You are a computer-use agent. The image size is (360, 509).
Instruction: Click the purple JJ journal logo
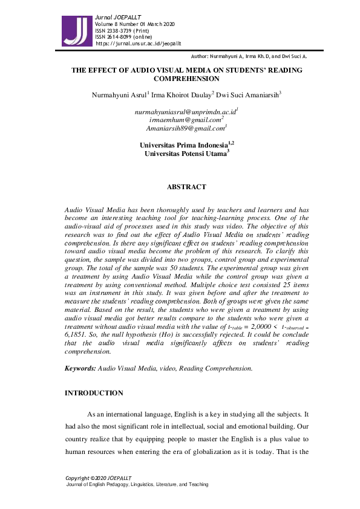tap(77, 27)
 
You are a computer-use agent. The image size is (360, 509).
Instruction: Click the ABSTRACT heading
tap(186, 187)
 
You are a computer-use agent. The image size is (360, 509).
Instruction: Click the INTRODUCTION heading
tap(94, 393)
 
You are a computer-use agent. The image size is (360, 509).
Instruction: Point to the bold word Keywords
tap(80, 368)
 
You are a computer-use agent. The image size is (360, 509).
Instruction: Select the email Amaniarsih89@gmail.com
tap(185, 128)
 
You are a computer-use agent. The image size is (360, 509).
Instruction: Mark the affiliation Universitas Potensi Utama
tap(185, 154)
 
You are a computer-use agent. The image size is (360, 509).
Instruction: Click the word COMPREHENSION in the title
tap(186, 79)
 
